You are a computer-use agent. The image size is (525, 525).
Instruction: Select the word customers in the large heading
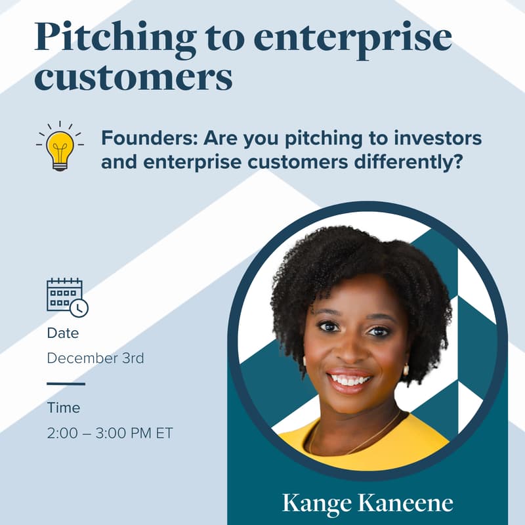pos(133,78)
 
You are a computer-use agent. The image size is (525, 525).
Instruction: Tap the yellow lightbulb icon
pos(60,146)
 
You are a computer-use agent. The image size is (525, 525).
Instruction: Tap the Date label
pos(62,333)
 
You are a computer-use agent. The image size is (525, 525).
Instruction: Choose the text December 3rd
pos(95,359)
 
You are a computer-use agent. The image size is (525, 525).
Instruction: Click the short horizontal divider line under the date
pos(66,383)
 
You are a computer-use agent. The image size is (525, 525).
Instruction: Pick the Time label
pos(63,408)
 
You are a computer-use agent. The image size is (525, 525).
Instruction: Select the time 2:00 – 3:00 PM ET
pos(110,434)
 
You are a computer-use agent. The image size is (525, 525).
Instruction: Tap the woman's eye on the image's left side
pos(326,326)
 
